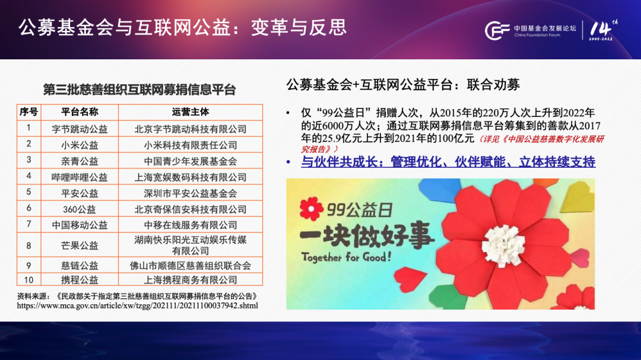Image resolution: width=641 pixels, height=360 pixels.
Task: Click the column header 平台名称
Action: [80, 112]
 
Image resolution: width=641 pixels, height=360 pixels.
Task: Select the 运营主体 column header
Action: [191, 112]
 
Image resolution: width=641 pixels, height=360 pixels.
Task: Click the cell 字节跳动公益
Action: [80, 129]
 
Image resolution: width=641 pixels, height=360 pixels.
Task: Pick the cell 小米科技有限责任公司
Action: [191, 145]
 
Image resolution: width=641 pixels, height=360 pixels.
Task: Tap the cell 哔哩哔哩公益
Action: [80, 177]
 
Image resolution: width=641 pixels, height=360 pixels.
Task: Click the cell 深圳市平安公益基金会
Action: [191, 193]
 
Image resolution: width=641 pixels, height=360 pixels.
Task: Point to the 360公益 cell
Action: [80, 209]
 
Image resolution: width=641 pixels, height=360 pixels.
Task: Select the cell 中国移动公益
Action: [80, 225]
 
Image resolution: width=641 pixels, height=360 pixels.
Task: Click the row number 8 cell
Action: [28, 246]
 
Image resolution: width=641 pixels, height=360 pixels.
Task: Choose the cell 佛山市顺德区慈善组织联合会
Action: [191, 266]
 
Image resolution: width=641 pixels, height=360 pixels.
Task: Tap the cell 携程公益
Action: [80, 280]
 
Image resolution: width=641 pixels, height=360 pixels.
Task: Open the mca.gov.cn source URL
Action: [137, 305]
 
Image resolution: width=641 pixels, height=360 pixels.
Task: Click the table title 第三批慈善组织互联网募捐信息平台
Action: [139, 90]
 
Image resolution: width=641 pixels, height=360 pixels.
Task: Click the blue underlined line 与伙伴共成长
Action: [448, 162]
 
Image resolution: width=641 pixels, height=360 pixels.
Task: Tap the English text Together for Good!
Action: [346, 257]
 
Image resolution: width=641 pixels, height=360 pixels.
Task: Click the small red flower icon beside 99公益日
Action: [311, 208]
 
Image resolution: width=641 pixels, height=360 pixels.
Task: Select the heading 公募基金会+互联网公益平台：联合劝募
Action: [403, 85]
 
